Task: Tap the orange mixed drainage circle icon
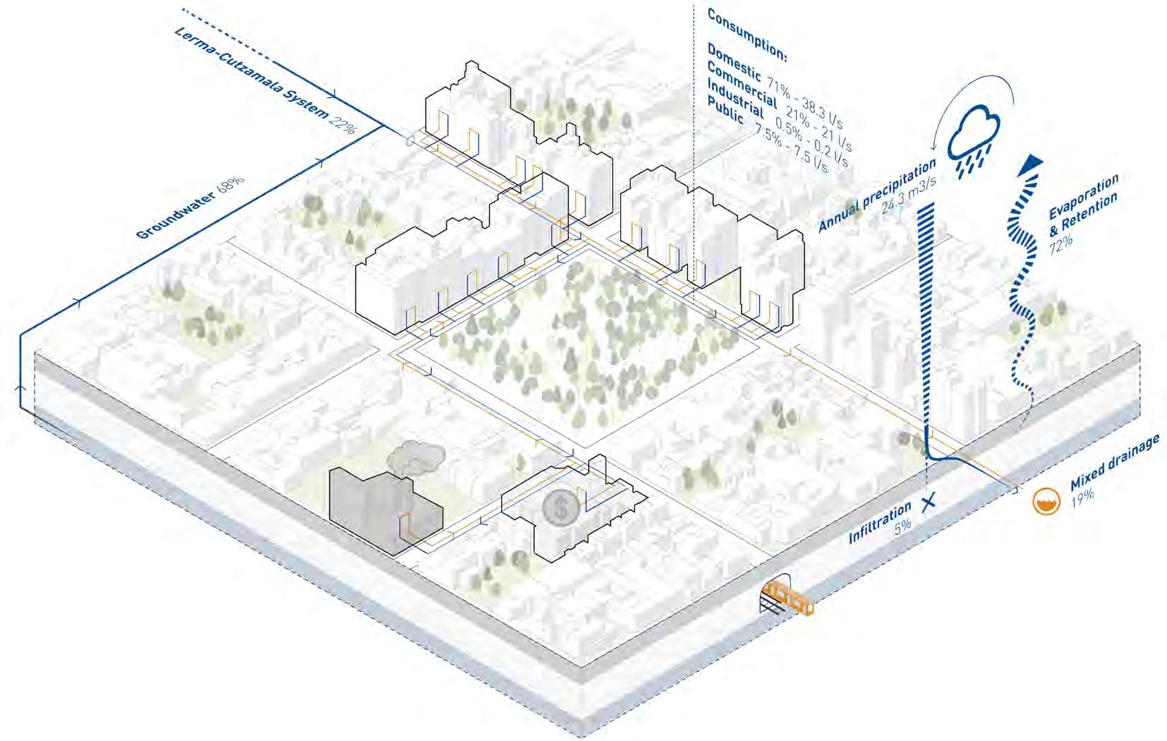(x=1046, y=502)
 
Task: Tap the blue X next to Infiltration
(x=929, y=502)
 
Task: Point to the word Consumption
(x=746, y=32)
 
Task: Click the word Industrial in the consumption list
(x=735, y=100)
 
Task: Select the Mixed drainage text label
(x=1115, y=464)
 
